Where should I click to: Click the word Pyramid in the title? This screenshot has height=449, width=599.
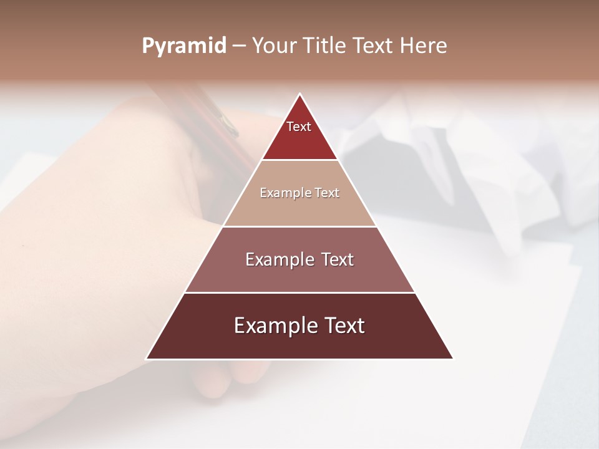[183, 46]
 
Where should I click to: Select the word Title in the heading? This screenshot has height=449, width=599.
[326, 46]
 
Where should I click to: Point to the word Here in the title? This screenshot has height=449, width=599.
[423, 46]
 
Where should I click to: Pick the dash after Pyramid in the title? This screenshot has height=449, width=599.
[239, 46]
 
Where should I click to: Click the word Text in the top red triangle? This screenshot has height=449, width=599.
[299, 127]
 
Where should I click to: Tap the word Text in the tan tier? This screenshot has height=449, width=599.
[327, 193]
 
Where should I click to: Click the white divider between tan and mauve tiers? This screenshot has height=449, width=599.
[299, 226]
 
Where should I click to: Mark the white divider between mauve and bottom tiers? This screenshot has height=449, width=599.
[299, 292]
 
